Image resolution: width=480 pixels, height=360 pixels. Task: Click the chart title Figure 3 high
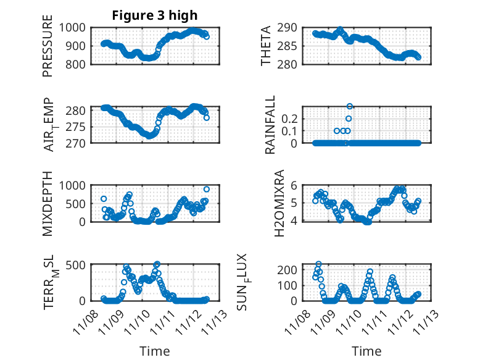pos(155,15)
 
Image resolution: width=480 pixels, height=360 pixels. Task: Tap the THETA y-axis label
pos(266,46)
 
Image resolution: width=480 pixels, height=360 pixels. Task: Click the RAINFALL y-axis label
pos(270,125)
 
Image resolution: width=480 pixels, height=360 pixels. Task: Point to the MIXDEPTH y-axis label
pos(48,204)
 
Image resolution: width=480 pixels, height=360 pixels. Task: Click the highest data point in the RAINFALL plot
pos(350,106)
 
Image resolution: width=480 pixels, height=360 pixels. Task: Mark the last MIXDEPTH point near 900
pos(207,189)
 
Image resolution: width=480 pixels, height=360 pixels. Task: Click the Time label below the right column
pos(366,351)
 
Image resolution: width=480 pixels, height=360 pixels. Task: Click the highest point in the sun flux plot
pos(319,264)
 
